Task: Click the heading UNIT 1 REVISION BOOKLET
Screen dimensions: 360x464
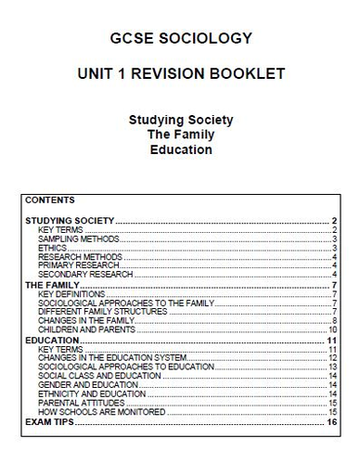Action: pos(179,72)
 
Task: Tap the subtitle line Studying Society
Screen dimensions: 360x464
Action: pos(179,120)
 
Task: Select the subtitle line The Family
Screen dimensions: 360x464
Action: pos(179,135)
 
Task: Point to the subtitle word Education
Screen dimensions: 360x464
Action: pos(179,149)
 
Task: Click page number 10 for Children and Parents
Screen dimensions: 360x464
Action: pos(331,329)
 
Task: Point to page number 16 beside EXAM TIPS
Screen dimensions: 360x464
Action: pos(331,421)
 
